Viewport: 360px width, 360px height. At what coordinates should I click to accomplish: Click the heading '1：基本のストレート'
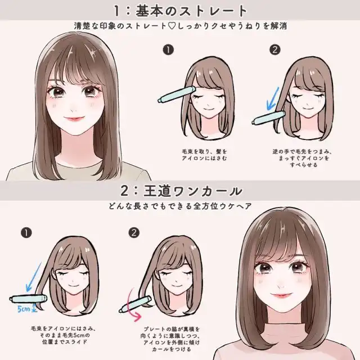(181, 11)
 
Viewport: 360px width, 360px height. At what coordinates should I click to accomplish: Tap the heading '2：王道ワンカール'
(181, 191)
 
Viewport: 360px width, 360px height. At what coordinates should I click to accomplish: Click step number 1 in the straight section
(168, 50)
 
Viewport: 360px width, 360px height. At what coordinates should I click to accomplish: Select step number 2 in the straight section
(275, 50)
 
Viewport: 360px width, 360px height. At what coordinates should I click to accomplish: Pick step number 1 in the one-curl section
(26, 233)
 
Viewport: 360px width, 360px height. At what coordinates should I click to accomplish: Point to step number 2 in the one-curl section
(134, 233)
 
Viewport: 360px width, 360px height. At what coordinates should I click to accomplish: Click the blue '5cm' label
(24, 309)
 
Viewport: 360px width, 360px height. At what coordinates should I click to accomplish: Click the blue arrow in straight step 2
(273, 98)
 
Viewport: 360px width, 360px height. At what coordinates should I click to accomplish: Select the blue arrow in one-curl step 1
(34, 277)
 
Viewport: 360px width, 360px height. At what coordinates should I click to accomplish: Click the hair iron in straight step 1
(176, 94)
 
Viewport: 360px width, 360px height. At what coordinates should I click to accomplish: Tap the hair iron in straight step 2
(269, 118)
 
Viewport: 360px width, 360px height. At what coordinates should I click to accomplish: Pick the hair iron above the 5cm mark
(28, 299)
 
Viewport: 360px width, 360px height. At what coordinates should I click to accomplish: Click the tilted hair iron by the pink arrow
(135, 304)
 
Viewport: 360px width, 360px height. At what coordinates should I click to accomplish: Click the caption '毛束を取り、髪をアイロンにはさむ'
(204, 155)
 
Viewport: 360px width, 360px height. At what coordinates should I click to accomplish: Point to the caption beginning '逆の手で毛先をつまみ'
(303, 158)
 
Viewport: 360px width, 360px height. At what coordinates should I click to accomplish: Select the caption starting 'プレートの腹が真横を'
(170, 339)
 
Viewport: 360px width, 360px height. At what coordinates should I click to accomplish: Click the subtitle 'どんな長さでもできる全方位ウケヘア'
(180, 206)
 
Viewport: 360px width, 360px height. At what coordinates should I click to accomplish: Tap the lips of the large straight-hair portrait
(74, 119)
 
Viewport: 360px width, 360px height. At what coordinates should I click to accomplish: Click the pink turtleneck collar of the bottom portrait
(285, 331)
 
